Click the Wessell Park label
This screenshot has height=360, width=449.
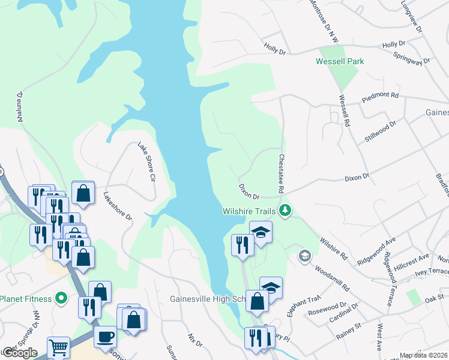340,61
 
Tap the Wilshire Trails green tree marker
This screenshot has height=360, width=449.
286,211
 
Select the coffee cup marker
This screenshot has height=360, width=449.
105,337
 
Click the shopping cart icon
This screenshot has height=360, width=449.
58,346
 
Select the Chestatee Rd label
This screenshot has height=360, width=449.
280,174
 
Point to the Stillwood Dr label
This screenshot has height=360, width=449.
381,131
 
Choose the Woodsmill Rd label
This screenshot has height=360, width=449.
331,280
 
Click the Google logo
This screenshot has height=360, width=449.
19,353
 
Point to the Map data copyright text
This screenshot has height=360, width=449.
424,355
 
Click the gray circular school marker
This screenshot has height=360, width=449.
304,257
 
